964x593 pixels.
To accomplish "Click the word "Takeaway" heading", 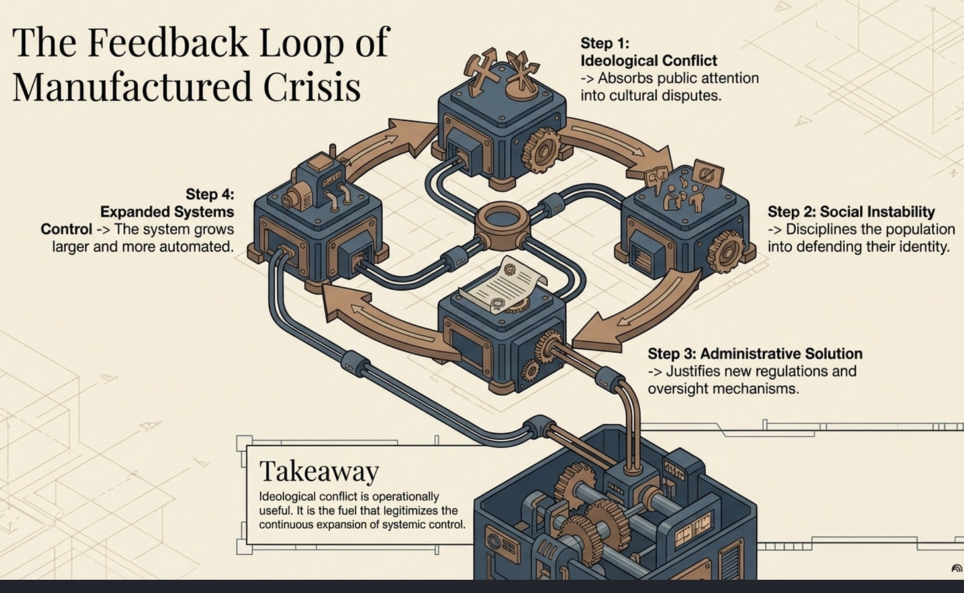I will pos(319,472).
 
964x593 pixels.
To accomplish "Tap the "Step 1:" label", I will pos(604,43).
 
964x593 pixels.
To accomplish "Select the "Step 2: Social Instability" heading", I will pos(851,212).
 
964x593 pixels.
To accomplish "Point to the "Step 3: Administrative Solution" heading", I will pos(755,353).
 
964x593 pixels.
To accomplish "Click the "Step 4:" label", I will pos(210,194).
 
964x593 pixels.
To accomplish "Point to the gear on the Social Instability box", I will pos(725,251).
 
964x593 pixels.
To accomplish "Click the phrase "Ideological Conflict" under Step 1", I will pos(648,61).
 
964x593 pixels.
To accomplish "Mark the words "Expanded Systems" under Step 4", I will pos(167,212).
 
